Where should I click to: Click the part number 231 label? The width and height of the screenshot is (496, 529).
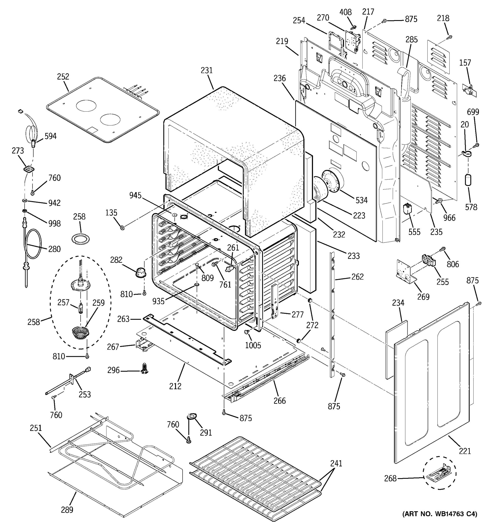[x=207, y=71]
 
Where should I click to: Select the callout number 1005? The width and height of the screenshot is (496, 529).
[x=253, y=345]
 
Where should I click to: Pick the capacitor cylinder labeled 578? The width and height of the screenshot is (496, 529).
[x=468, y=180]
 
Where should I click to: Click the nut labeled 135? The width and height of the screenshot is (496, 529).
[x=122, y=227]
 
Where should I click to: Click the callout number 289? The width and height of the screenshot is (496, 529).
[x=67, y=510]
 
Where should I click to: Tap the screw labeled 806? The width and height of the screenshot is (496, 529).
[x=443, y=249]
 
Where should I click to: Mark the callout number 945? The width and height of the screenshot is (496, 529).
[x=135, y=195]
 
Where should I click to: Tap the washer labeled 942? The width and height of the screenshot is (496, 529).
[x=25, y=200]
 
